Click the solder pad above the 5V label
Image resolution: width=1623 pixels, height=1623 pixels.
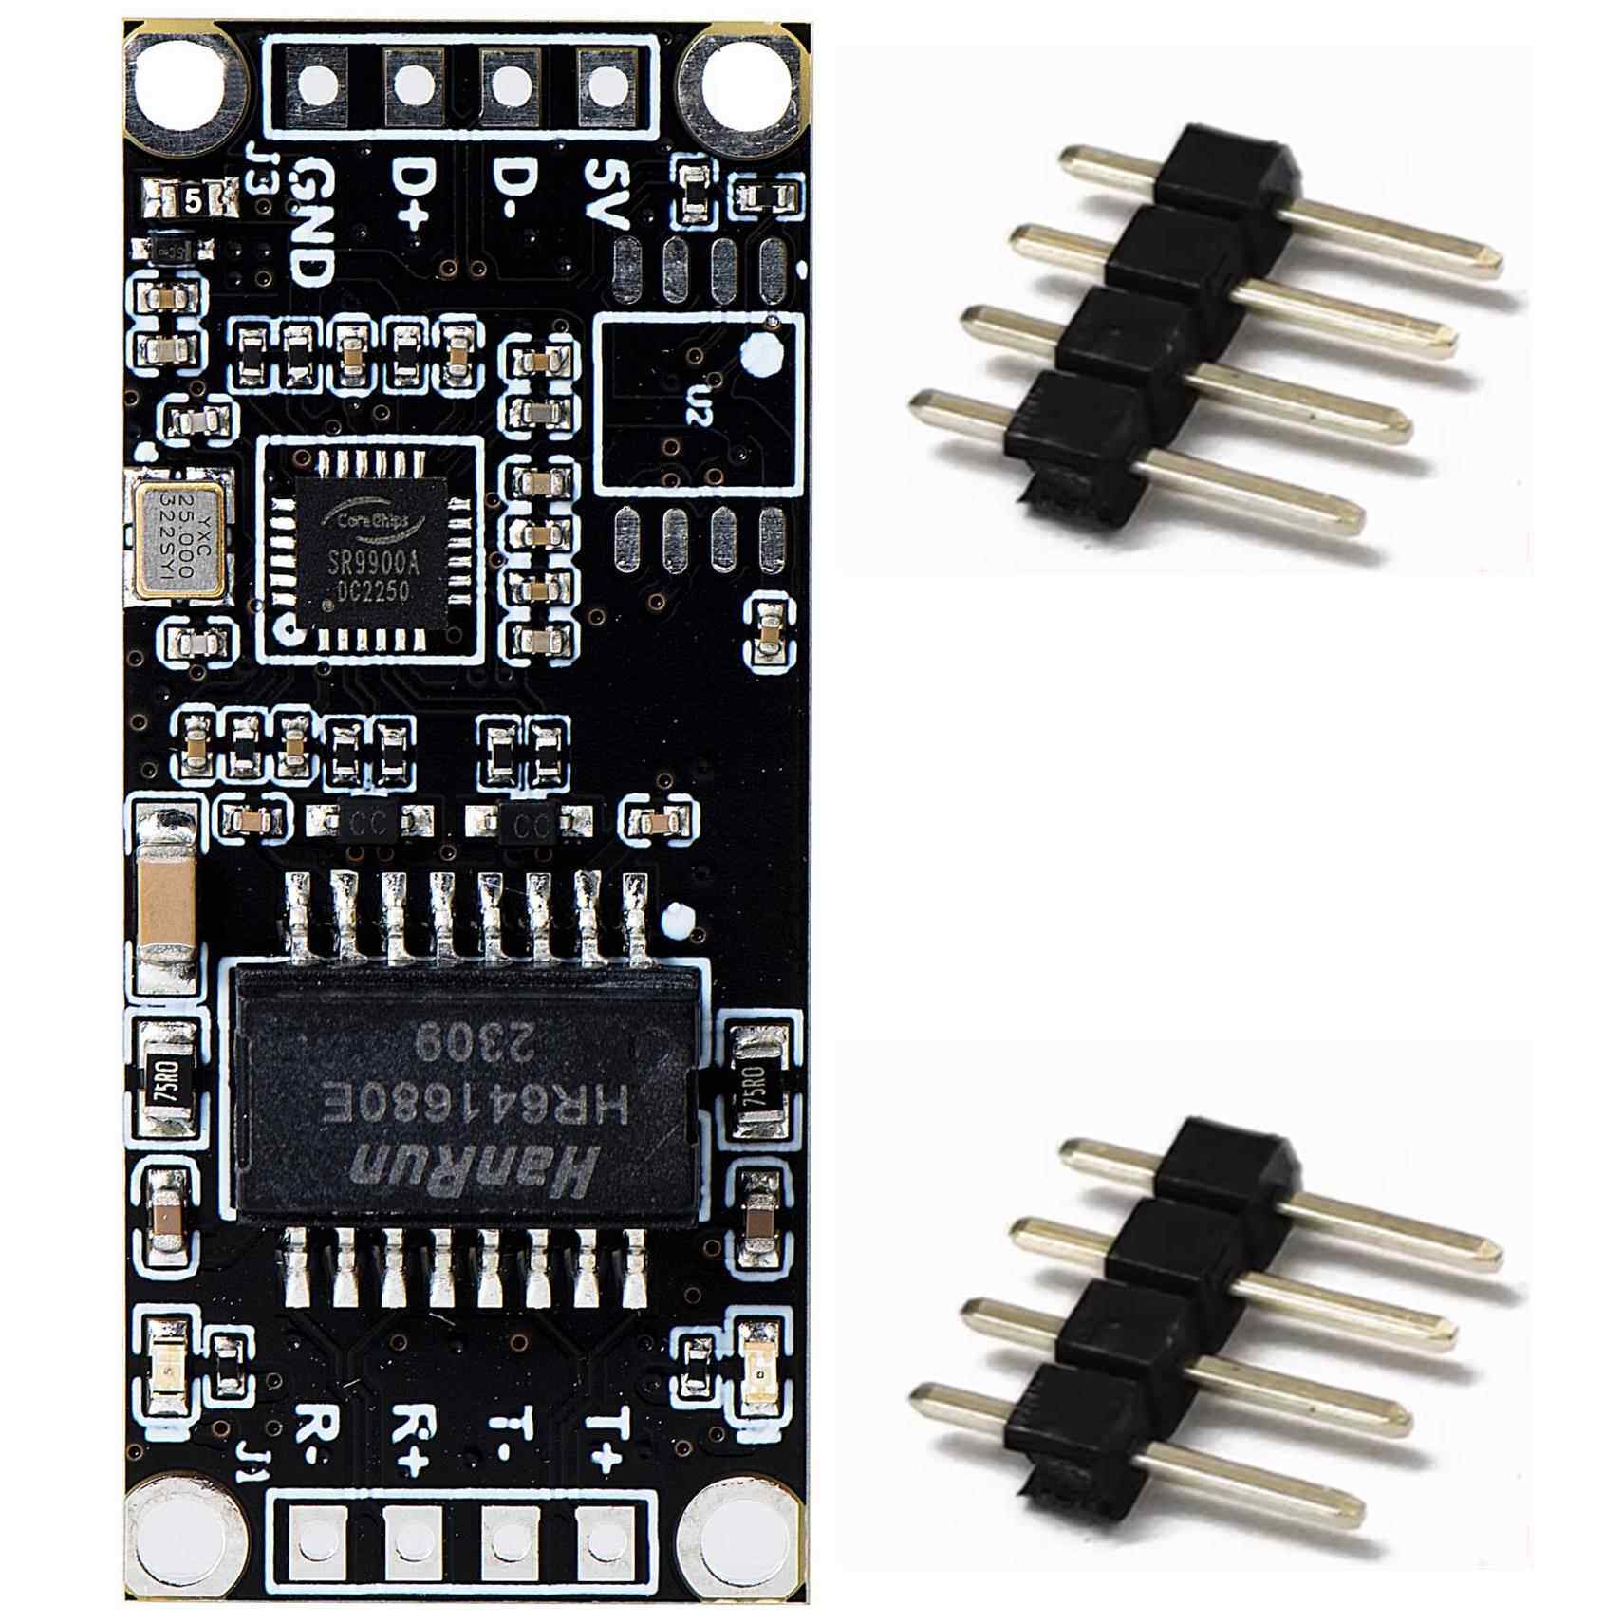click(606, 84)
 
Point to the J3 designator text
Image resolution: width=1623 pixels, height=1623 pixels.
click(257, 168)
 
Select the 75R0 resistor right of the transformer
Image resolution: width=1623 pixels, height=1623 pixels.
click(756, 1085)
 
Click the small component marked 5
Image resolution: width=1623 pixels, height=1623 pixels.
click(191, 199)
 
